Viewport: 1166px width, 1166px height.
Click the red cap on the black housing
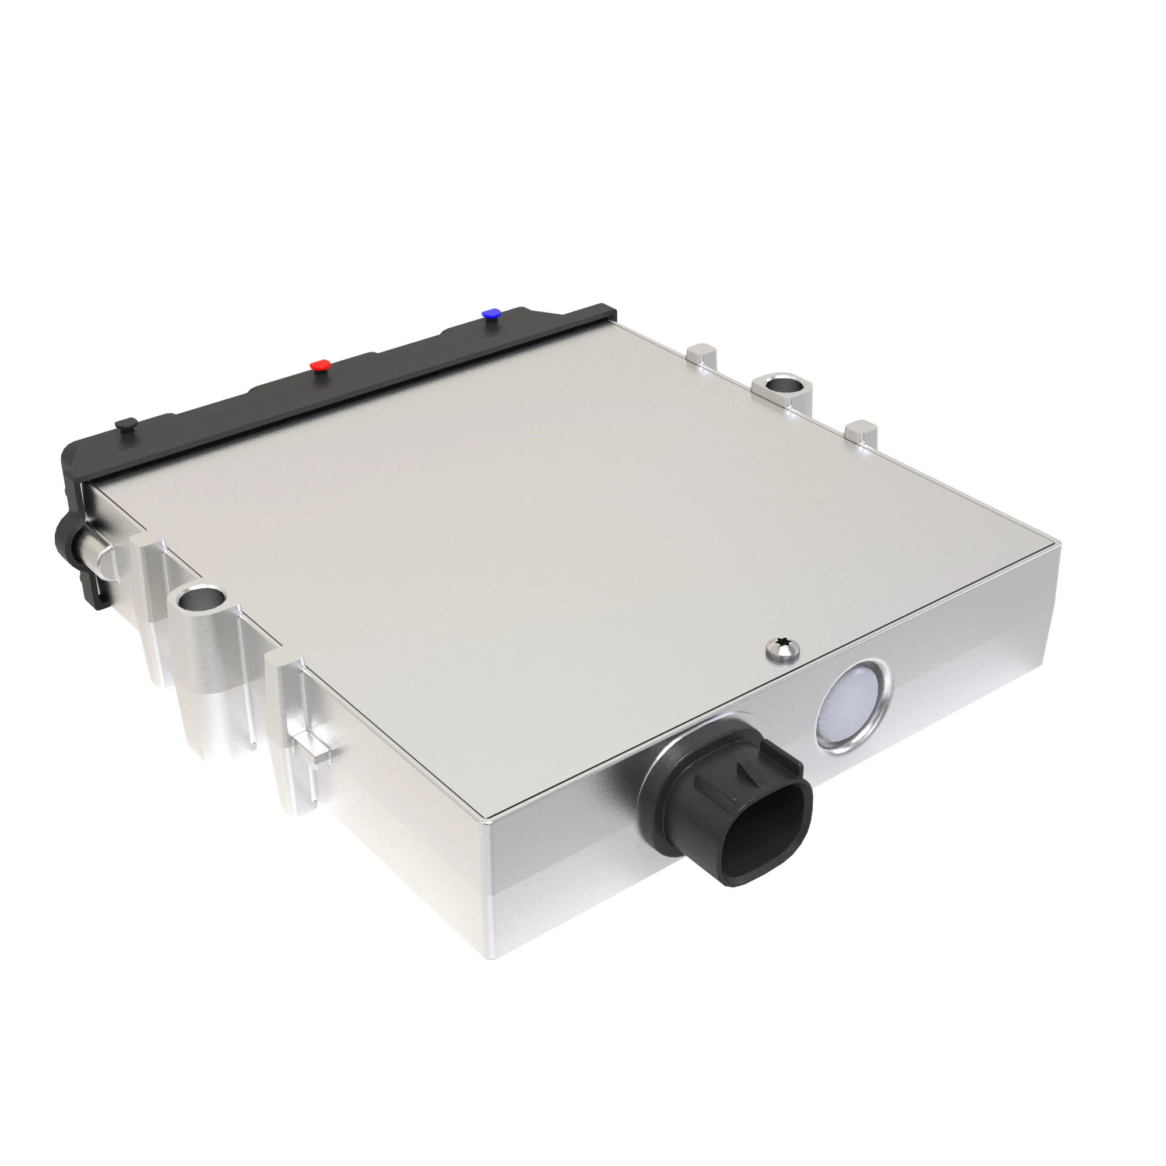click(x=320, y=366)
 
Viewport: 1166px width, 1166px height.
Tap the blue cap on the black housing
click(x=491, y=314)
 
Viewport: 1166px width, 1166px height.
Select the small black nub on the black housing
click(x=125, y=424)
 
